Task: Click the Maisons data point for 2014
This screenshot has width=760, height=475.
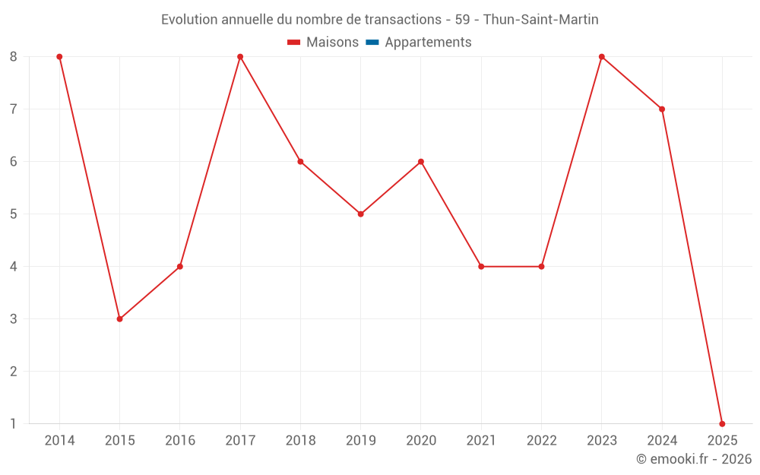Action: pos(59,57)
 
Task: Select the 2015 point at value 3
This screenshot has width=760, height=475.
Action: pos(119,319)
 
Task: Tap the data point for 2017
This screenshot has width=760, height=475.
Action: pos(240,57)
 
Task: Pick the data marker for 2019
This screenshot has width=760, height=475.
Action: pos(360,214)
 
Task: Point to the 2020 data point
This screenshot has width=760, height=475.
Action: pos(421,162)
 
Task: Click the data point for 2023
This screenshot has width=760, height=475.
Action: pos(602,57)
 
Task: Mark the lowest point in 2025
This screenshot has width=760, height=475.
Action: pos(722,423)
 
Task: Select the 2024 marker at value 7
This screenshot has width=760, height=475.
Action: pos(662,109)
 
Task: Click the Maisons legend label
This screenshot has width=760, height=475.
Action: pos(332,43)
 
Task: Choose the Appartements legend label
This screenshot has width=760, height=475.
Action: pos(428,43)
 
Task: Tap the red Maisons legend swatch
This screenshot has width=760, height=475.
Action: pos(294,43)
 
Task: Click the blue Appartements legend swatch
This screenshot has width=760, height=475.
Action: pos(372,43)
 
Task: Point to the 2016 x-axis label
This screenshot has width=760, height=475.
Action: pos(180,441)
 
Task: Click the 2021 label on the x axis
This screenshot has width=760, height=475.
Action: pos(481,441)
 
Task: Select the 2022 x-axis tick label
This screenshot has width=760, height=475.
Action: pos(541,441)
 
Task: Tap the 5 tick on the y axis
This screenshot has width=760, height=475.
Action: pos(14,214)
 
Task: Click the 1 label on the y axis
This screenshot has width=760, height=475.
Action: pos(14,424)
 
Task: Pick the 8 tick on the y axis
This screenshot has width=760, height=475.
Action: pos(14,57)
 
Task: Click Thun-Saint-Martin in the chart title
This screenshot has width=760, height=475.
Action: pos(540,20)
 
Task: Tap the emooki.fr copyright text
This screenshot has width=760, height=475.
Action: pos(694,459)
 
